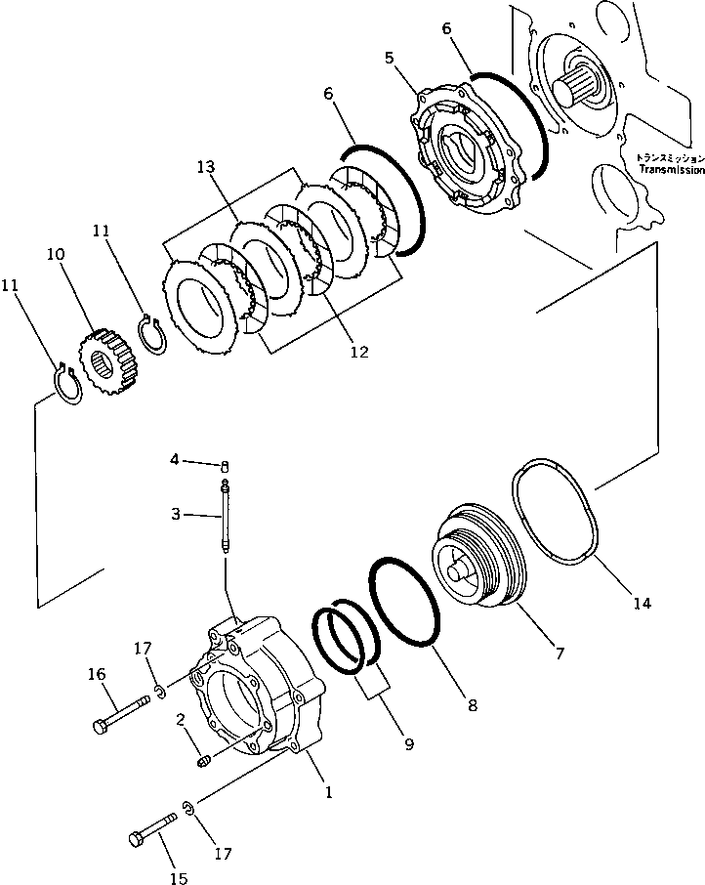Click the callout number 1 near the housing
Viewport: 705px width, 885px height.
pos(329,793)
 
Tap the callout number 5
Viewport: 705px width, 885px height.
pos(391,58)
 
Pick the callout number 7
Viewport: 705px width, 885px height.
pos(559,653)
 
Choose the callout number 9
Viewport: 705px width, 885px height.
pos(408,744)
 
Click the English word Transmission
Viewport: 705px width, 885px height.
pos(671,169)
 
